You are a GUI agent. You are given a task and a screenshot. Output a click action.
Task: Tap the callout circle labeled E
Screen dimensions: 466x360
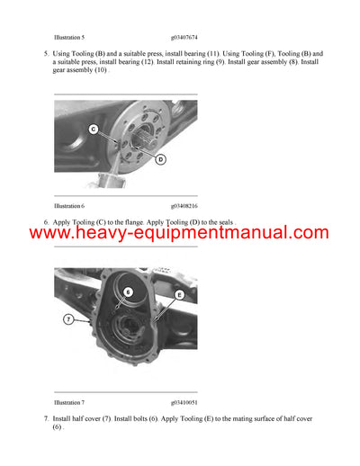pyautogui.click(x=179, y=293)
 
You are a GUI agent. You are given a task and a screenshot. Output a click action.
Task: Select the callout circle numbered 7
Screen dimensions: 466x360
pyautogui.click(x=68, y=318)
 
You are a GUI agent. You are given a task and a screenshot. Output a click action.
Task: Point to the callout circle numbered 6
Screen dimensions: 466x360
pyautogui.click(x=128, y=291)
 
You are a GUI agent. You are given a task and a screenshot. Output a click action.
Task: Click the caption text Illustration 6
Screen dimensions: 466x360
pyautogui.click(x=69, y=206)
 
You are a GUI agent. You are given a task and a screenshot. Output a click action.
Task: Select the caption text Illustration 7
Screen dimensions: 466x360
pyautogui.click(x=69, y=402)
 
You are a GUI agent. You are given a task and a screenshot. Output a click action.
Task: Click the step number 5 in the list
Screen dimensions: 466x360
pyautogui.click(x=45, y=55)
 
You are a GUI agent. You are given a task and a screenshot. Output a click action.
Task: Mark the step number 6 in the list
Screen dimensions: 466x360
pyautogui.click(x=45, y=221)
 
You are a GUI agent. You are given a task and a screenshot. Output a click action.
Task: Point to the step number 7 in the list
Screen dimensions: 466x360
pyautogui.click(x=45, y=419)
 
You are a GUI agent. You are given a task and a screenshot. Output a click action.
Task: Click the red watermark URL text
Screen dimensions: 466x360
pyautogui.click(x=180, y=233)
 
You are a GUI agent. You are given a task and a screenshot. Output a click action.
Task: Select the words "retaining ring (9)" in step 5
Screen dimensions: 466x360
pyautogui.click(x=200, y=63)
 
